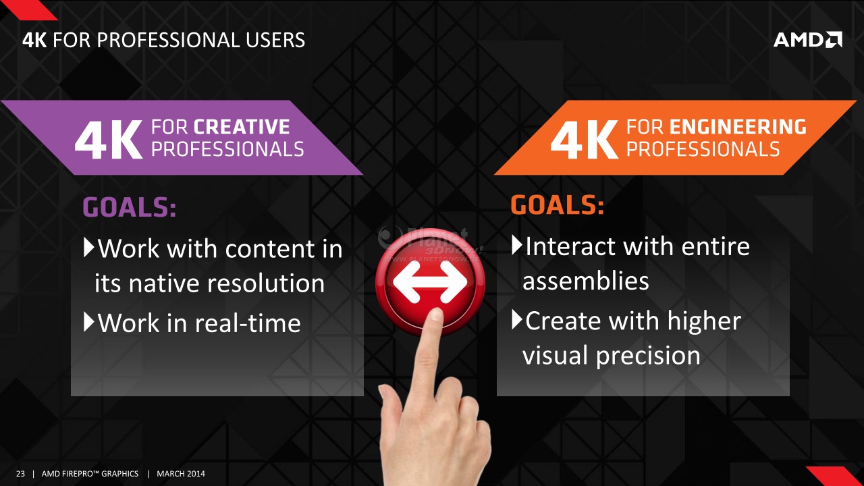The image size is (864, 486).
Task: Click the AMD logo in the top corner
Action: click(x=808, y=40)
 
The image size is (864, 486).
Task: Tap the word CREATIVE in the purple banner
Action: click(x=242, y=127)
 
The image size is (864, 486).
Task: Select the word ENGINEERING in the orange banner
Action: click(x=738, y=127)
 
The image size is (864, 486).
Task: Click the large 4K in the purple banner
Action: click(x=109, y=140)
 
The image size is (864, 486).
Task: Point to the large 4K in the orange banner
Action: click(x=585, y=140)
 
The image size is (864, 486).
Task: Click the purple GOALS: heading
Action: click(x=130, y=207)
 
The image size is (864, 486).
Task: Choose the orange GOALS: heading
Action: click(x=557, y=205)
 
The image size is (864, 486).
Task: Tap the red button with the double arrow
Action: click(x=430, y=281)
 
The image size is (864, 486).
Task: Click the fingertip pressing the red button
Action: click(x=436, y=315)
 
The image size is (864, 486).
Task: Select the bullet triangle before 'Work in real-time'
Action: click(x=88, y=322)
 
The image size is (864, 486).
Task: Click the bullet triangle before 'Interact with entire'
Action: click(x=517, y=245)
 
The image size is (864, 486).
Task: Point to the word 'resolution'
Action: click(x=266, y=283)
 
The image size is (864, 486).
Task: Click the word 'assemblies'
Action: click(x=585, y=281)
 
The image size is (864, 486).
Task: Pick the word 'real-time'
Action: click(x=248, y=323)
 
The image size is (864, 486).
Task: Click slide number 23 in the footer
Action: click(x=20, y=474)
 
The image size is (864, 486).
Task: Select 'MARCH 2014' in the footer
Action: click(x=180, y=474)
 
